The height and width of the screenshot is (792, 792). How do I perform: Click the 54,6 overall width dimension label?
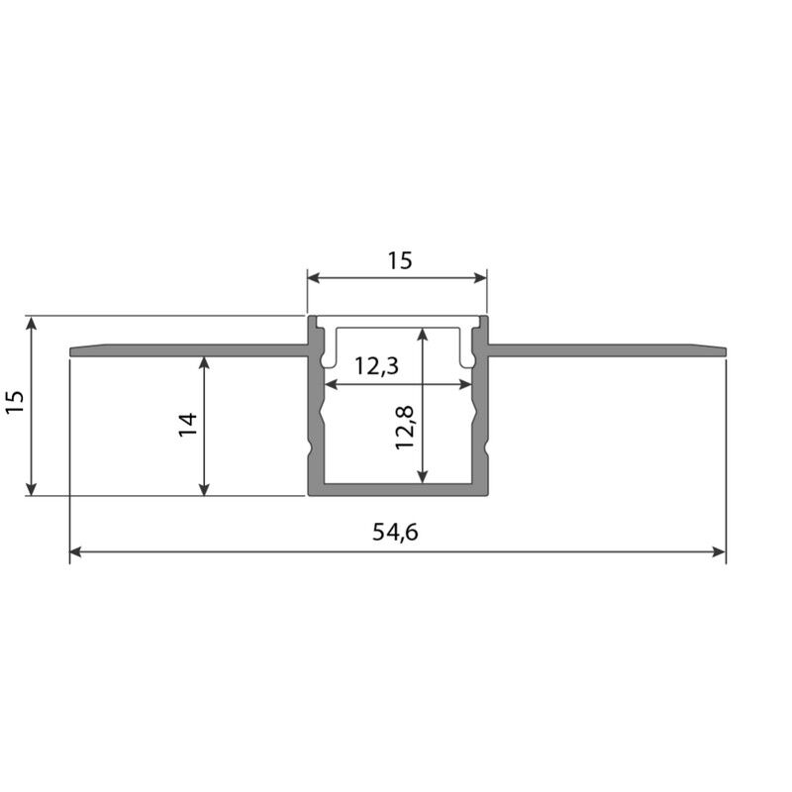(x=395, y=533)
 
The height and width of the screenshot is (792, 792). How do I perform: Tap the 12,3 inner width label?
(x=376, y=365)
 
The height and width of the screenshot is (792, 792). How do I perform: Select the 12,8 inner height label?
(x=405, y=428)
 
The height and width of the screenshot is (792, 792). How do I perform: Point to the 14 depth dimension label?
(x=188, y=425)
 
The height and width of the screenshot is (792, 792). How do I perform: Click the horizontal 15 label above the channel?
(x=400, y=260)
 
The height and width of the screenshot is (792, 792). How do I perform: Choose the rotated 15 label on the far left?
(x=15, y=402)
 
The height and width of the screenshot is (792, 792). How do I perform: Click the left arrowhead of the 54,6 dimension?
(x=75, y=551)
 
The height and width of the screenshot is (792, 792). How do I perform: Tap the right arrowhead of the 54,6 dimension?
(x=720, y=551)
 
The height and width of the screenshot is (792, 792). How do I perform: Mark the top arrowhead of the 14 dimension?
(x=204, y=363)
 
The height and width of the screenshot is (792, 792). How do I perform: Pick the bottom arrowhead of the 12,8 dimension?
(x=423, y=476)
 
